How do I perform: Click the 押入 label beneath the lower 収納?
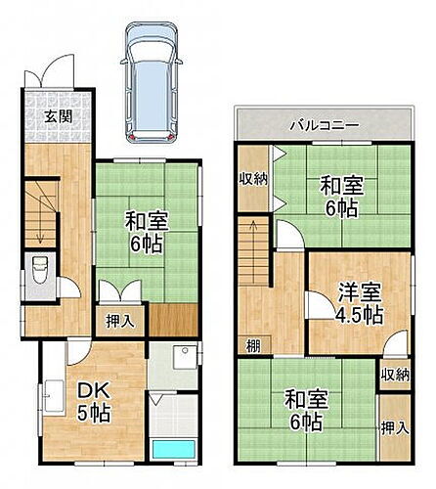[394, 428]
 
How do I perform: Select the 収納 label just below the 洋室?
[394, 374]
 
